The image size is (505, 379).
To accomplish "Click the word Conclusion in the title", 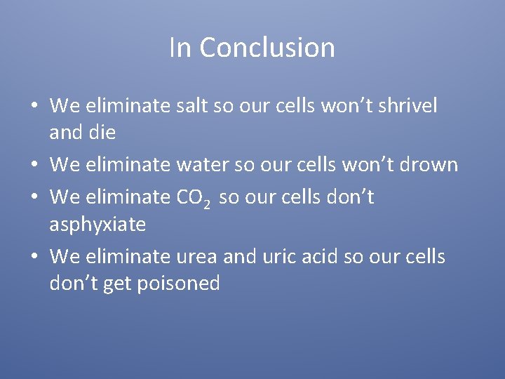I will tap(267, 48).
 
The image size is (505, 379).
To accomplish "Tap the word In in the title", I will tap(180, 48).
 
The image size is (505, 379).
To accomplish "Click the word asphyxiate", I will tap(97, 225).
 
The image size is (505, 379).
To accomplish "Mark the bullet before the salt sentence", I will tap(33, 107).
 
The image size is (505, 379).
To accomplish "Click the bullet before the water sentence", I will tap(33, 166).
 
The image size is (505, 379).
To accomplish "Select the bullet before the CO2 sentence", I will tap(33, 198).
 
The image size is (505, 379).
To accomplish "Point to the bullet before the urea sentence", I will tap(33, 258).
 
